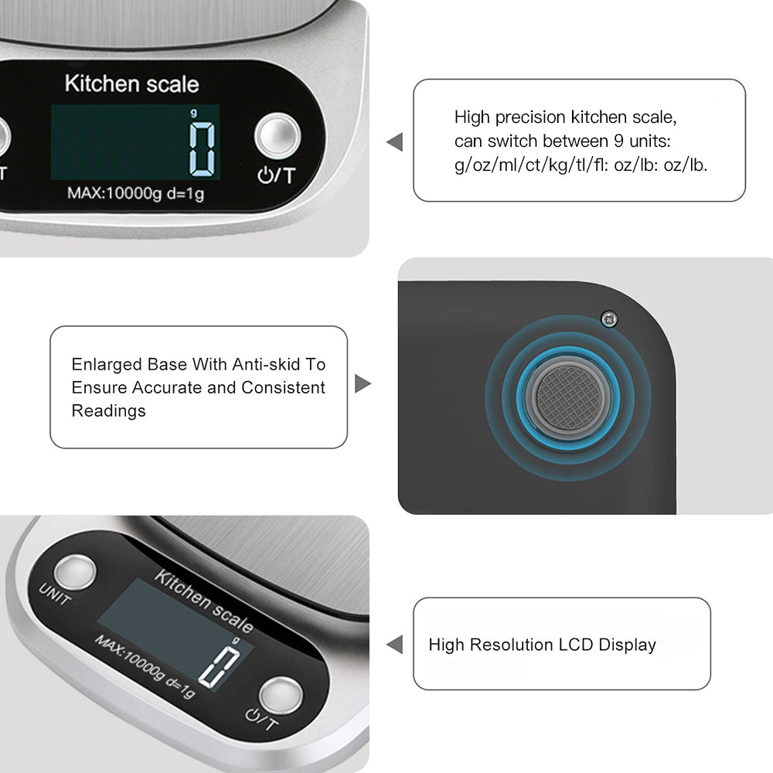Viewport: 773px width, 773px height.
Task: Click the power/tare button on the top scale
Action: pos(278,136)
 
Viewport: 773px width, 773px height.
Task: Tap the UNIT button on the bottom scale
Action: pos(75,572)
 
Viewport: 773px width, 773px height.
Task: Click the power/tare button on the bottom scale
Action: pos(281,695)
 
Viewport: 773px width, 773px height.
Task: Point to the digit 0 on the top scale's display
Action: pos(203,149)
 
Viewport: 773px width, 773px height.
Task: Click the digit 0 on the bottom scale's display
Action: pos(220,666)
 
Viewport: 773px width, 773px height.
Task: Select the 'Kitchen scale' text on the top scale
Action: pos(131,83)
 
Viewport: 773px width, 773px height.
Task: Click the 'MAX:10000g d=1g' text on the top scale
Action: pos(135,192)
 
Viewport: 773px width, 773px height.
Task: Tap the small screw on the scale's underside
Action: pos(609,319)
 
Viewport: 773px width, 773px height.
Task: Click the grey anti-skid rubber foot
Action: pos(568,398)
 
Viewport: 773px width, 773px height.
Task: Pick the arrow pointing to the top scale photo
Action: pos(395,142)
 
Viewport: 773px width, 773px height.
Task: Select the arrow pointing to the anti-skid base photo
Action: pos(363,383)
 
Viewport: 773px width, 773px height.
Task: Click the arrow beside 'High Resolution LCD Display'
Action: pos(395,645)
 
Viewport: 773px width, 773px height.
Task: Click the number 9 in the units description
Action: pos(618,141)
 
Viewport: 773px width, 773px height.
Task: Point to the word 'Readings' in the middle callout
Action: pos(108,410)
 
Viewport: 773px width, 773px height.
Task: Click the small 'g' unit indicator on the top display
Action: pos(194,114)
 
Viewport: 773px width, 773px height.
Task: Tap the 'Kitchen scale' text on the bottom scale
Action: pos(203,601)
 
